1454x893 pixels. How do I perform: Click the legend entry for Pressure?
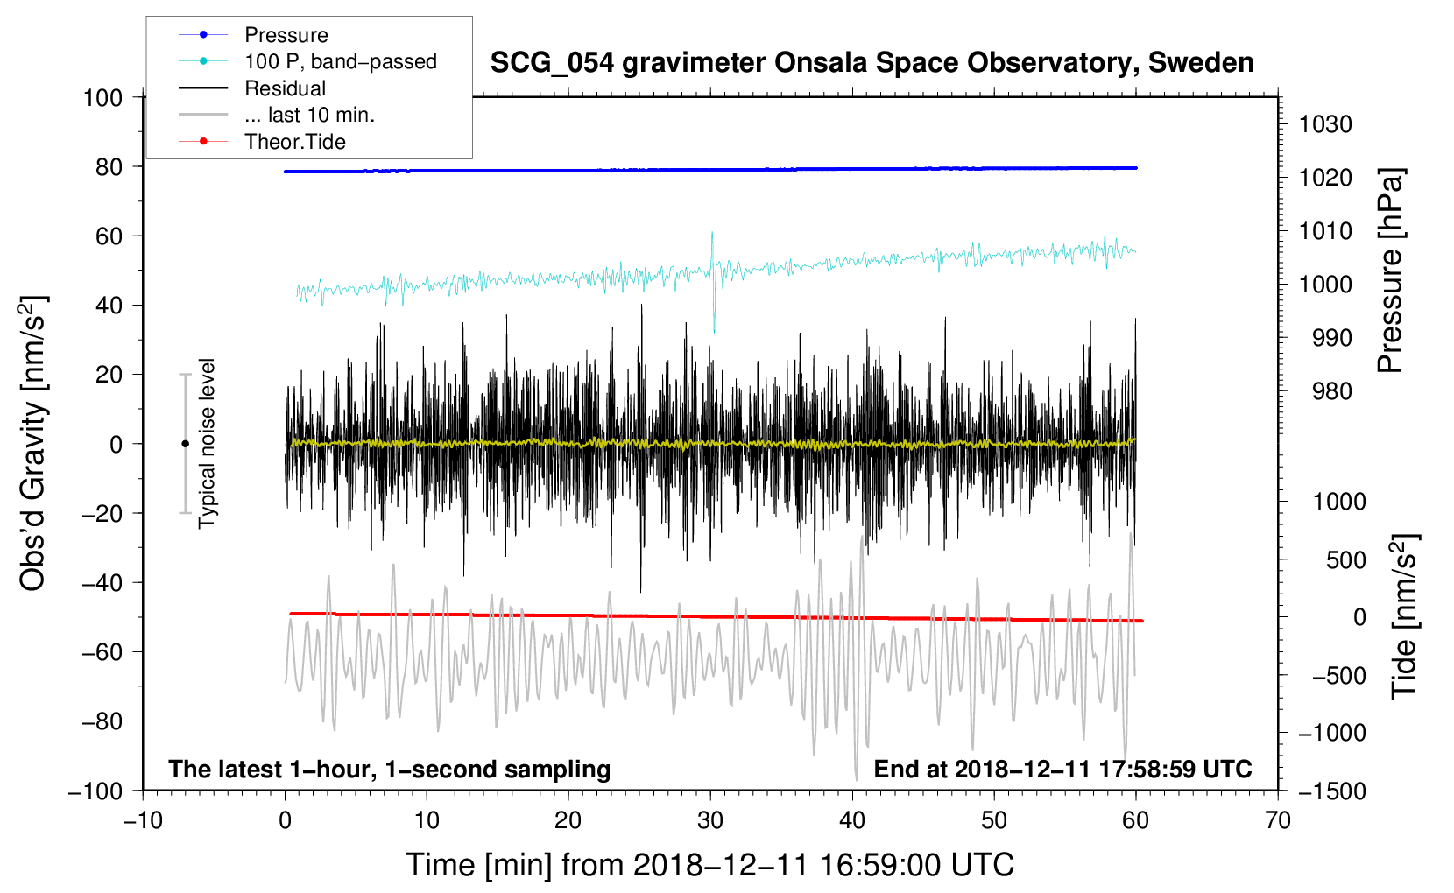[254, 34]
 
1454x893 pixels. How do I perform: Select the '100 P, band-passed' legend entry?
[307, 61]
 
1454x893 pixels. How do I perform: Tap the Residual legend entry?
[252, 88]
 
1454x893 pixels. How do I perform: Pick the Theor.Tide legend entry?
[262, 142]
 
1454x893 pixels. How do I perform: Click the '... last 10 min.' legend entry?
[277, 115]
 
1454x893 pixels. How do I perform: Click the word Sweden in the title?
[1201, 63]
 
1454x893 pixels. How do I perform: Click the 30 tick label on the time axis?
[710, 821]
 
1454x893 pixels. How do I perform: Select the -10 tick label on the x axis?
[143, 821]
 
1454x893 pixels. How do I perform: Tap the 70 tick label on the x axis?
[1277, 821]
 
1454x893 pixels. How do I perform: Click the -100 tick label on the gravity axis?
[95, 791]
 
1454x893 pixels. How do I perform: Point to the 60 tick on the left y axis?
[109, 236]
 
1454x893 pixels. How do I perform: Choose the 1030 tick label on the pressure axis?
[1325, 124]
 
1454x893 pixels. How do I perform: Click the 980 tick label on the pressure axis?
[1331, 391]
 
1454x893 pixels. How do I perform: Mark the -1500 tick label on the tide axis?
[1332, 791]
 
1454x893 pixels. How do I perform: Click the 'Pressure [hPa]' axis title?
[1390, 271]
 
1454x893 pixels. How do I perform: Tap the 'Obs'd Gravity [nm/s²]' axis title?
[33, 443]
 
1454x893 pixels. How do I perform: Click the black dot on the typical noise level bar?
[185, 444]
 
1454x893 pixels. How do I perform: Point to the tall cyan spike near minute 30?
[713, 282]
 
